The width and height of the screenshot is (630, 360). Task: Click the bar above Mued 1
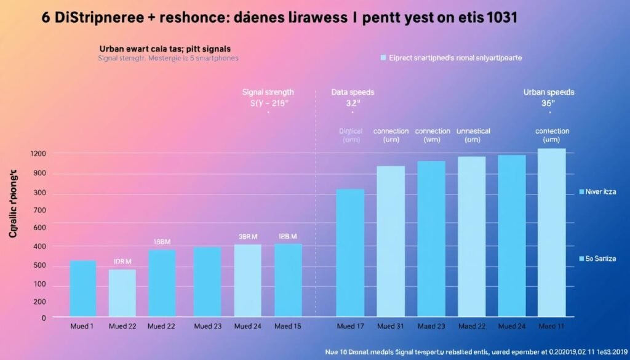pos(83,288)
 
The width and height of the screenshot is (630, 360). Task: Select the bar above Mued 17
pos(350,252)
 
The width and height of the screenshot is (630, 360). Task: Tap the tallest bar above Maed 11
pos(551,232)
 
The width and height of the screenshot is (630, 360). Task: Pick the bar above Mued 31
pos(391,241)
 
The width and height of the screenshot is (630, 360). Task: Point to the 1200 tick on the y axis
pos(39,153)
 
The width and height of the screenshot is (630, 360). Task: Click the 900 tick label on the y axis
pos(40,174)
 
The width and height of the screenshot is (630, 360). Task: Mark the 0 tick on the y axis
pos(44,318)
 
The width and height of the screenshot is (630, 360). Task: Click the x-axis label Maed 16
pos(287,327)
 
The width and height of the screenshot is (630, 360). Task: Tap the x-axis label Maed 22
pos(471,327)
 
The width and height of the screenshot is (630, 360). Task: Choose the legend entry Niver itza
pos(600,192)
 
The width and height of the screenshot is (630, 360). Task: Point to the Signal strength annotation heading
pos(268,92)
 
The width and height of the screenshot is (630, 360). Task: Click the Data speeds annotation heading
pos(353,92)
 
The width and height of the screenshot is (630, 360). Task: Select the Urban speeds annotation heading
pos(548,92)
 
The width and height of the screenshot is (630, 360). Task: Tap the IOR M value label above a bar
pos(122,262)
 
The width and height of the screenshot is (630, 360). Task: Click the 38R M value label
pos(248,236)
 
